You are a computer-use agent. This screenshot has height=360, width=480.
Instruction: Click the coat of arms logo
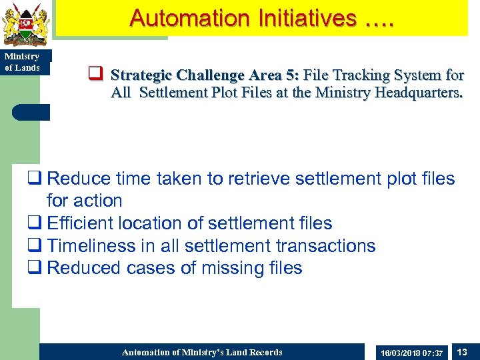(x=26, y=24)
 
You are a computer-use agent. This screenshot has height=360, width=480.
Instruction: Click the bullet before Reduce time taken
(x=35, y=179)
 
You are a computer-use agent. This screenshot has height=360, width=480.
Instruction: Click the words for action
(x=84, y=201)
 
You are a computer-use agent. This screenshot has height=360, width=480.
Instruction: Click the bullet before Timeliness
(x=35, y=246)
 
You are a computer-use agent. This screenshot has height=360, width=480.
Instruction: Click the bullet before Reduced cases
(x=35, y=268)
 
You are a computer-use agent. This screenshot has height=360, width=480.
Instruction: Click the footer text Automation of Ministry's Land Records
(x=202, y=352)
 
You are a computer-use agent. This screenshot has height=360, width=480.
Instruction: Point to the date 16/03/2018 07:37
(x=411, y=352)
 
